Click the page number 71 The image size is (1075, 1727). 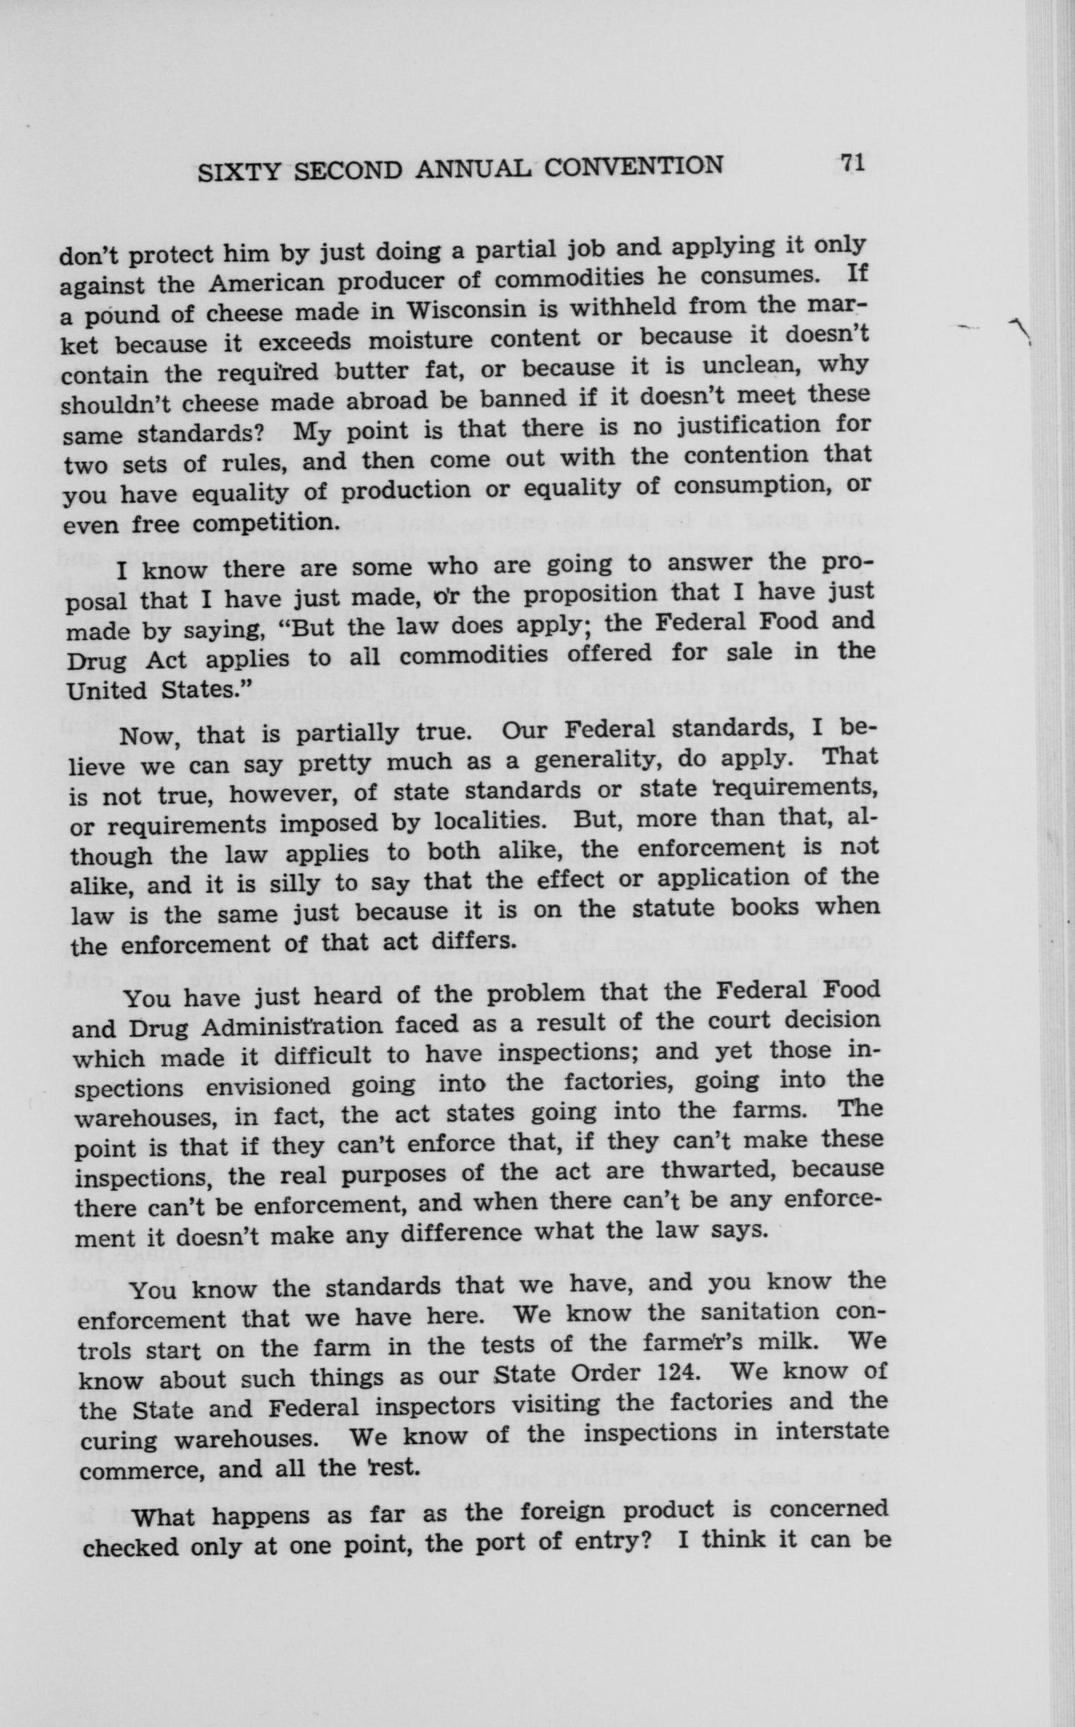(x=851, y=163)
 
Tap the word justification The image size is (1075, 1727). (x=748, y=425)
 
